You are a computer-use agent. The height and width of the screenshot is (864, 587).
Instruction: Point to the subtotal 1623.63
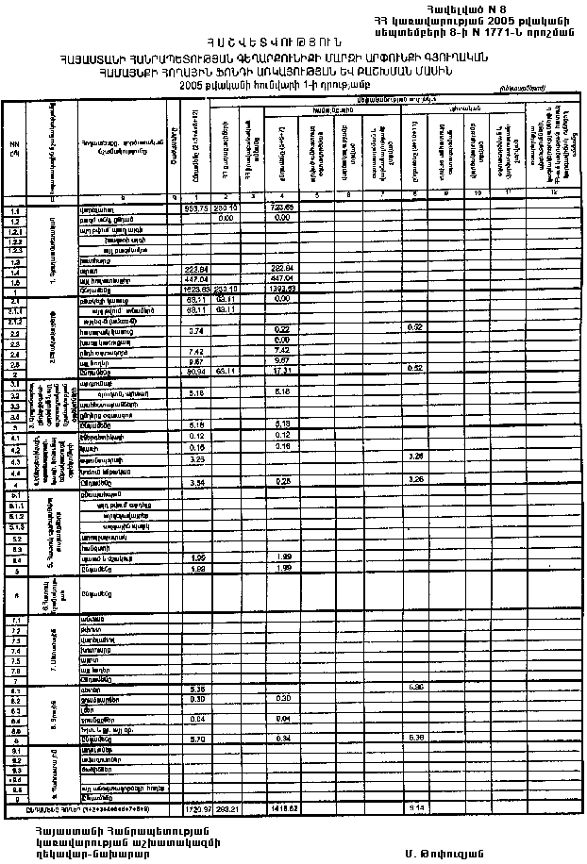click(195, 290)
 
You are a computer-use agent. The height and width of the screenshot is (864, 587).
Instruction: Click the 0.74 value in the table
click(196, 331)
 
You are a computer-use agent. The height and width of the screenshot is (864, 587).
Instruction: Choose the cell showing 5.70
click(196, 738)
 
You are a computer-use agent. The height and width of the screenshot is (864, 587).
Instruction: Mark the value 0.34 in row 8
click(284, 738)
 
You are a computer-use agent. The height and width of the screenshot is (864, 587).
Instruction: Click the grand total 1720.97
click(195, 809)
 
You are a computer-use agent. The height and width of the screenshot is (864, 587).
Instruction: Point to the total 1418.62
click(284, 809)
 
